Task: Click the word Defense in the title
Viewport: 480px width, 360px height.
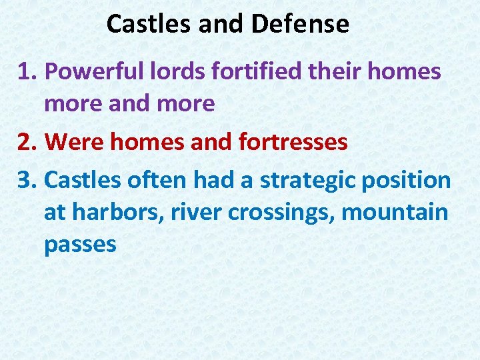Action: pos(300,25)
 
